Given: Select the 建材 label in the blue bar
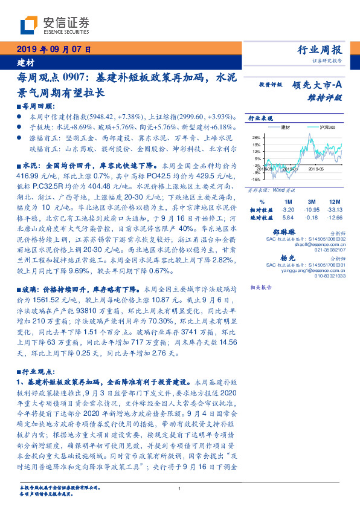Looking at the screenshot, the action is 25,62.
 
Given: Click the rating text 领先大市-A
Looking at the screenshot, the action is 318,85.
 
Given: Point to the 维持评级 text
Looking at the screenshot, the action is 329,97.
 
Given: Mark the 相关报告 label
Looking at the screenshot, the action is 262,287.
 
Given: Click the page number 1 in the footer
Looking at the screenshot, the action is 180,488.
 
